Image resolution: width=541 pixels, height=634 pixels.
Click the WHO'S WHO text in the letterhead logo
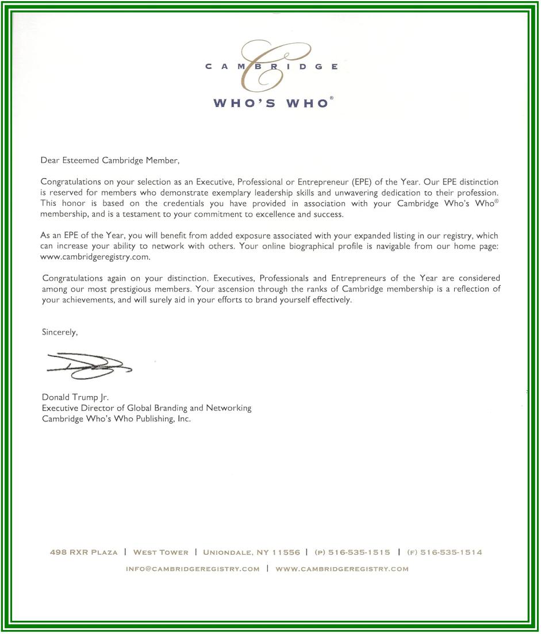tap(270, 103)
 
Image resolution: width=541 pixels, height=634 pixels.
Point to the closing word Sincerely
tap(60, 332)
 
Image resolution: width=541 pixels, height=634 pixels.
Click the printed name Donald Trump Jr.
tap(75, 397)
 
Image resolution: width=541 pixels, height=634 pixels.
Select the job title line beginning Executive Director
tap(147, 408)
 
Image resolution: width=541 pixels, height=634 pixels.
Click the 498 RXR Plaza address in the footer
tap(84, 552)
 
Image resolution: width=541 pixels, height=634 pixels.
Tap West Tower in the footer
tap(160, 552)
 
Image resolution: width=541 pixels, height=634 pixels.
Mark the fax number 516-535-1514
tap(451, 552)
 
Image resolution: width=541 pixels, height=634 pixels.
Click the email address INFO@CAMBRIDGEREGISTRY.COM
tap(193, 569)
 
